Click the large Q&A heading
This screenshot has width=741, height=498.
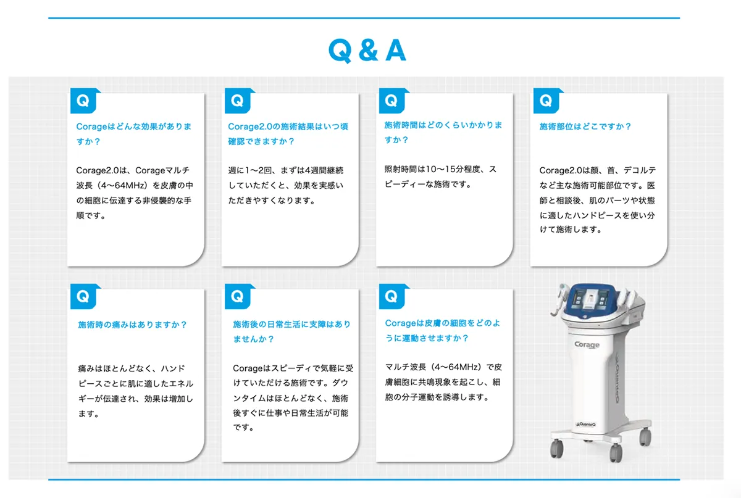click(367, 50)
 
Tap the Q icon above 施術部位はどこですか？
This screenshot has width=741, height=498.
click(548, 101)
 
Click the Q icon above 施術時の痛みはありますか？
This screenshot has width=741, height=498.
click(85, 297)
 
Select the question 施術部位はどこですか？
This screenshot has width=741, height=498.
click(585, 127)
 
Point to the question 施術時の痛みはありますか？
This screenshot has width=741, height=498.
click(132, 325)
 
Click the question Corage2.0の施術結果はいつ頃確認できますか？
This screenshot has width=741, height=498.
click(288, 134)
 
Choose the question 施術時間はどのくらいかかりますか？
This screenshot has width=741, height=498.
click(443, 132)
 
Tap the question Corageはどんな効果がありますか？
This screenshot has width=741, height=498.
click(133, 134)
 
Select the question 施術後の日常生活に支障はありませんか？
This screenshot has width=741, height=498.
click(291, 331)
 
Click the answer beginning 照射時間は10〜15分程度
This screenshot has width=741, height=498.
click(440, 176)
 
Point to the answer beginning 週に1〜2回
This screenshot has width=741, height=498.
click(286, 186)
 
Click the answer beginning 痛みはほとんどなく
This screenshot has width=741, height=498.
click(136, 391)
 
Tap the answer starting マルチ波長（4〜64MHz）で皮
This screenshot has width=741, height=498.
click(443, 382)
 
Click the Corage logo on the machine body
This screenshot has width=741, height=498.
click(587, 344)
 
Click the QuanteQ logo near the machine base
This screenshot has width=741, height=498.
click(585, 425)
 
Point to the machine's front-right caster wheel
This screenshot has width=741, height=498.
click(616, 452)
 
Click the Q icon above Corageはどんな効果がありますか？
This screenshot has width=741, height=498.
click(85, 101)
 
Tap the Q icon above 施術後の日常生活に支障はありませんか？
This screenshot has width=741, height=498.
click(239, 297)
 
